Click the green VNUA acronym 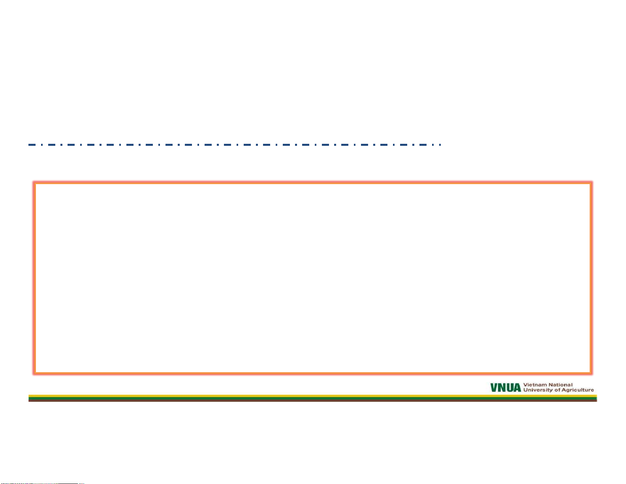tap(506, 388)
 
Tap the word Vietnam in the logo tap(535, 385)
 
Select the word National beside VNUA tap(560, 385)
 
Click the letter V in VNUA tap(494, 388)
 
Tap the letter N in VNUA tap(502, 388)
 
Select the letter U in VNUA tap(509, 388)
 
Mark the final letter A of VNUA tap(517, 388)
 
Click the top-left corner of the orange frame tap(35, 183)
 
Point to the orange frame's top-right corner tap(591, 183)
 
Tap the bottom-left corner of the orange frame tap(35, 373)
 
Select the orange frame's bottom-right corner tap(591, 373)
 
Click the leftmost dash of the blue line tap(32, 145)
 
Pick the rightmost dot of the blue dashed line tap(440, 145)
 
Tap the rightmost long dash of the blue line tap(423, 145)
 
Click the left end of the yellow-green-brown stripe tap(28, 398)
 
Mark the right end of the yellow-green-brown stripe tap(597, 398)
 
